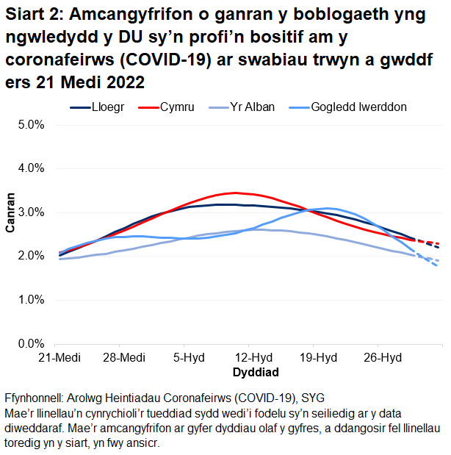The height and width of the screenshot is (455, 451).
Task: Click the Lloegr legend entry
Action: click(x=108, y=107)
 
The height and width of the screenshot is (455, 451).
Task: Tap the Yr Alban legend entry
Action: click(x=254, y=107)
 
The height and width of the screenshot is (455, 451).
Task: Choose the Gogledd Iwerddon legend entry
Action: click(x=358, y=107)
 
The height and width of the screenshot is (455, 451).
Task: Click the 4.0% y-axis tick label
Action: click(x=32, y=168)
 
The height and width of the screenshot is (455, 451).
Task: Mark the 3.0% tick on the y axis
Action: click(x=32, y=212)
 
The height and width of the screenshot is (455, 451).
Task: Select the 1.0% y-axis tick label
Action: click(x=32, y=300)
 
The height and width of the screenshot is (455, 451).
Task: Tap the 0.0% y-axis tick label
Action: click(x=32, y=343)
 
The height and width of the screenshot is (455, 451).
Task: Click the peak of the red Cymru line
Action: click(x=234, y=193)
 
